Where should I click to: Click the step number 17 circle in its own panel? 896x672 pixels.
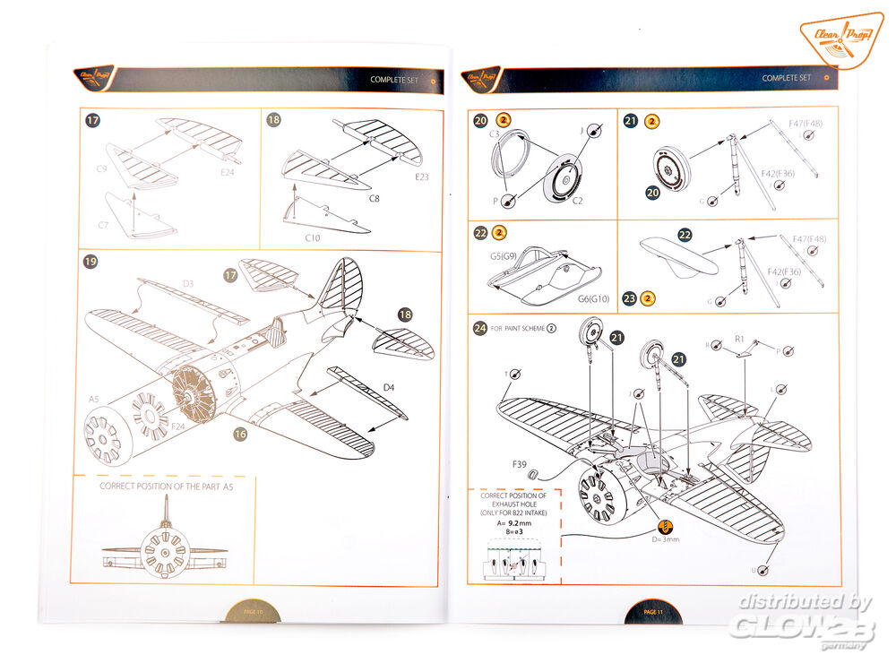(x=92, y=119)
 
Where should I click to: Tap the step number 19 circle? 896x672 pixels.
(x=90, y=262)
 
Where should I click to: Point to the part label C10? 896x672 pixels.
(x=313, y=237)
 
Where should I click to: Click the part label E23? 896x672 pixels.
(x=422, y=177)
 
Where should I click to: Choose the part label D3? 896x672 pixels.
(x=188, y=284)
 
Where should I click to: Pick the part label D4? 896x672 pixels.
(x=388, y=386)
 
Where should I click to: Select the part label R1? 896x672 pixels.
(x=740, y=340)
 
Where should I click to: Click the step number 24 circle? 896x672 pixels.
(x=481, y=327)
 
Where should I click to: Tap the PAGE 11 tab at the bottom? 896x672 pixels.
(x=652, y=611)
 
